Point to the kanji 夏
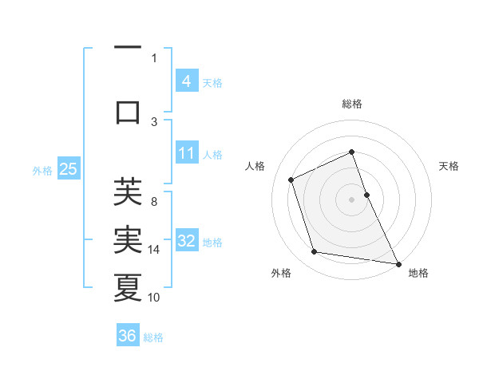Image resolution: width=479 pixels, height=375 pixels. point(128,286)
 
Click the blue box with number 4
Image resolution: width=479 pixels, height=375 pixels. point(186,81)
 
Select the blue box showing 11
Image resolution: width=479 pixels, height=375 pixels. point(186,153)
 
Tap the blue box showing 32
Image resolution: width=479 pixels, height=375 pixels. point(186,241)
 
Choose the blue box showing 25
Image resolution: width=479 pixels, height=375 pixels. point(68,169)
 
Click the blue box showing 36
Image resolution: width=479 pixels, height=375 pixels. point(128,336)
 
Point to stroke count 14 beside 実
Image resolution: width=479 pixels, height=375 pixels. point(155,250)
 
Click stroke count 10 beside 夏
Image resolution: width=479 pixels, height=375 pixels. point(155,298)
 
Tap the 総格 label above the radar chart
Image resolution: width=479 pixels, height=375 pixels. point(351,104)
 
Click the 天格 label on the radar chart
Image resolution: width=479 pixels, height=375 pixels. point(449,166)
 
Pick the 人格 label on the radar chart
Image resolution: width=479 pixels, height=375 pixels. point(255,166)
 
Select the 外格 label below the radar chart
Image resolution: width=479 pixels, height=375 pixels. point(281,273)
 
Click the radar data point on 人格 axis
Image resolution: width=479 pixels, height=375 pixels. point(291,180)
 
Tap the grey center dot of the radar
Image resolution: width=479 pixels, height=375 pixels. point(351,199)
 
